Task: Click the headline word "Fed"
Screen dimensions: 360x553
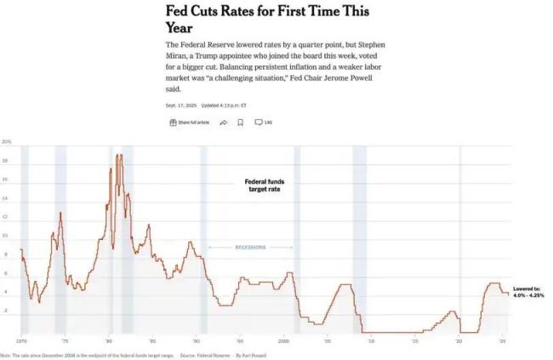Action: (181, 11)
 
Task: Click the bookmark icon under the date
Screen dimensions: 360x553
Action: (241, 123)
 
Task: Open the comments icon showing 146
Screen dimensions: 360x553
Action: (263, 123)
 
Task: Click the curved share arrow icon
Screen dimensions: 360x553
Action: (224, 123)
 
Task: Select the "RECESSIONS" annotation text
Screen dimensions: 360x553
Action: (250, 248)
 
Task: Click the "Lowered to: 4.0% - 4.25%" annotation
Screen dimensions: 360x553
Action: (528, 291)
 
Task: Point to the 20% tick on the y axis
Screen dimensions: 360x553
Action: (6, 142)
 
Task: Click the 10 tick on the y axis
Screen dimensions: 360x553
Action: (6, 236)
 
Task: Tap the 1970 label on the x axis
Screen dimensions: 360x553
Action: (21, 340)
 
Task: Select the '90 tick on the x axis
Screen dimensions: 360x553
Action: (197, 340)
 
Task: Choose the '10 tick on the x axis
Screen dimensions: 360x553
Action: (371, 340)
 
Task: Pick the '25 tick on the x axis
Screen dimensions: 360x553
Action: (502, 340)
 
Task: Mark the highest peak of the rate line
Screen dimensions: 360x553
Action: (118, 155)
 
